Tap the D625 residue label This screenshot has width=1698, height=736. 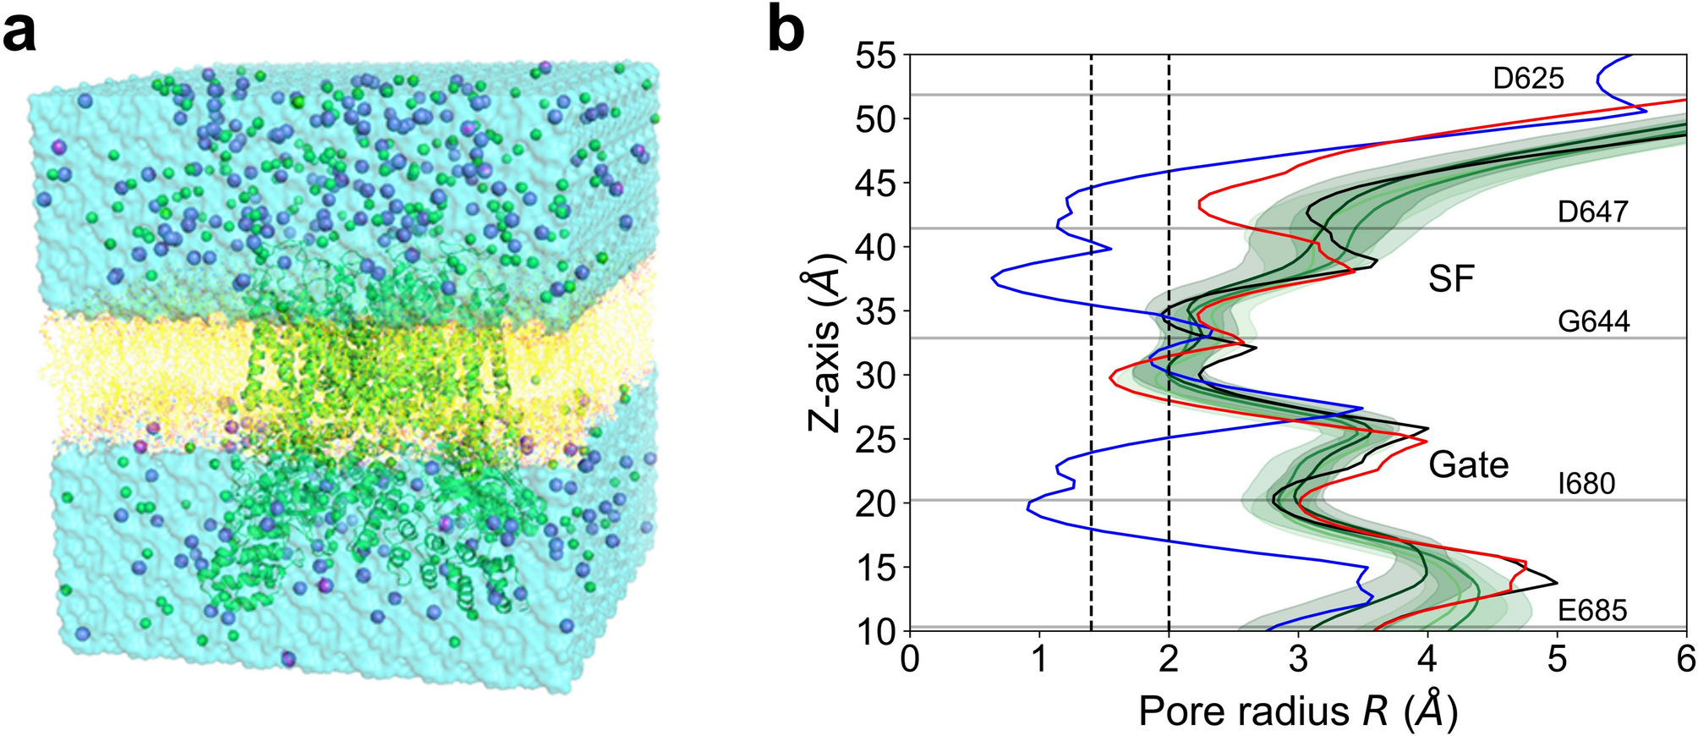(1528, 79)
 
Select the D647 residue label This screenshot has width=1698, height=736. (1593, 211)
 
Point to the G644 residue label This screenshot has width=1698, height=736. (1593, 321)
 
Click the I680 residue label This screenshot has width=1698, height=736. (1586, 484)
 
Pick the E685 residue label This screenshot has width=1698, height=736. (1591, 610)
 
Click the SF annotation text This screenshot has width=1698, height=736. (1451, 278)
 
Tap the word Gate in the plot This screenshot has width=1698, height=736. (1468, 465)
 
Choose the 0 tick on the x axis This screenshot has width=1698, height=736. (910, 659)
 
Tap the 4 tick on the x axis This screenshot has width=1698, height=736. (1427, 659)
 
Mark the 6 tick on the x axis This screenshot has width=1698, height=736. (1686, 659)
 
